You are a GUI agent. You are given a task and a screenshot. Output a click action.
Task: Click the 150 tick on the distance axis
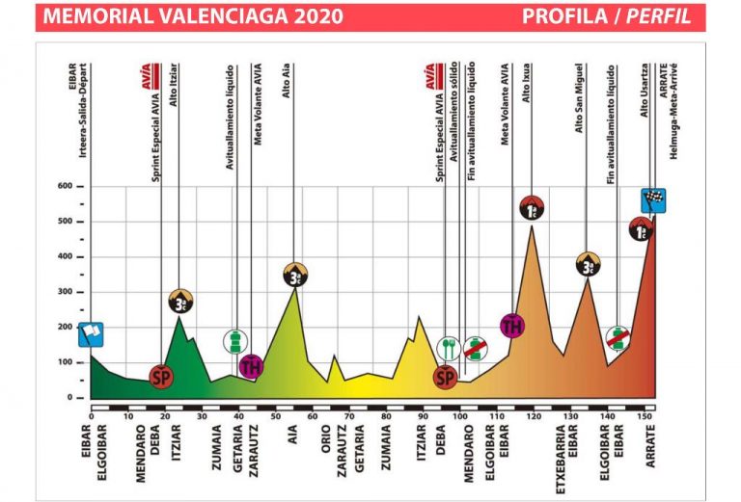coord(642,415)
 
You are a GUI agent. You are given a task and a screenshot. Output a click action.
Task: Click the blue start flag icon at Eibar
coord(91,334)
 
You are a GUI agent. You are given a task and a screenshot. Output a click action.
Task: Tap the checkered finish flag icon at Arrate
coord(653,200)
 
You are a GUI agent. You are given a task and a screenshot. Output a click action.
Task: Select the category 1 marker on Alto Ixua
coord(533,208)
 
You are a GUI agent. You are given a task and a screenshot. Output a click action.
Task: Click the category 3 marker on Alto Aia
coord(295,275)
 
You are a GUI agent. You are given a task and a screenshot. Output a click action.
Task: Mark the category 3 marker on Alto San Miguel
coord(588,264)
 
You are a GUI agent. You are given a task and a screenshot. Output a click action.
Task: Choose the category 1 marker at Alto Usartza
coord(642,229)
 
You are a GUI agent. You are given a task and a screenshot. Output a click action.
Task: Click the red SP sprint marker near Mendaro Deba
coord(161,376)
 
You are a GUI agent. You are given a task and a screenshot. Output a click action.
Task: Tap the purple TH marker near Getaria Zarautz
coord(251,366)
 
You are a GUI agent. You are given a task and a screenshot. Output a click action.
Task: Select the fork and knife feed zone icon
coord(448,348)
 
